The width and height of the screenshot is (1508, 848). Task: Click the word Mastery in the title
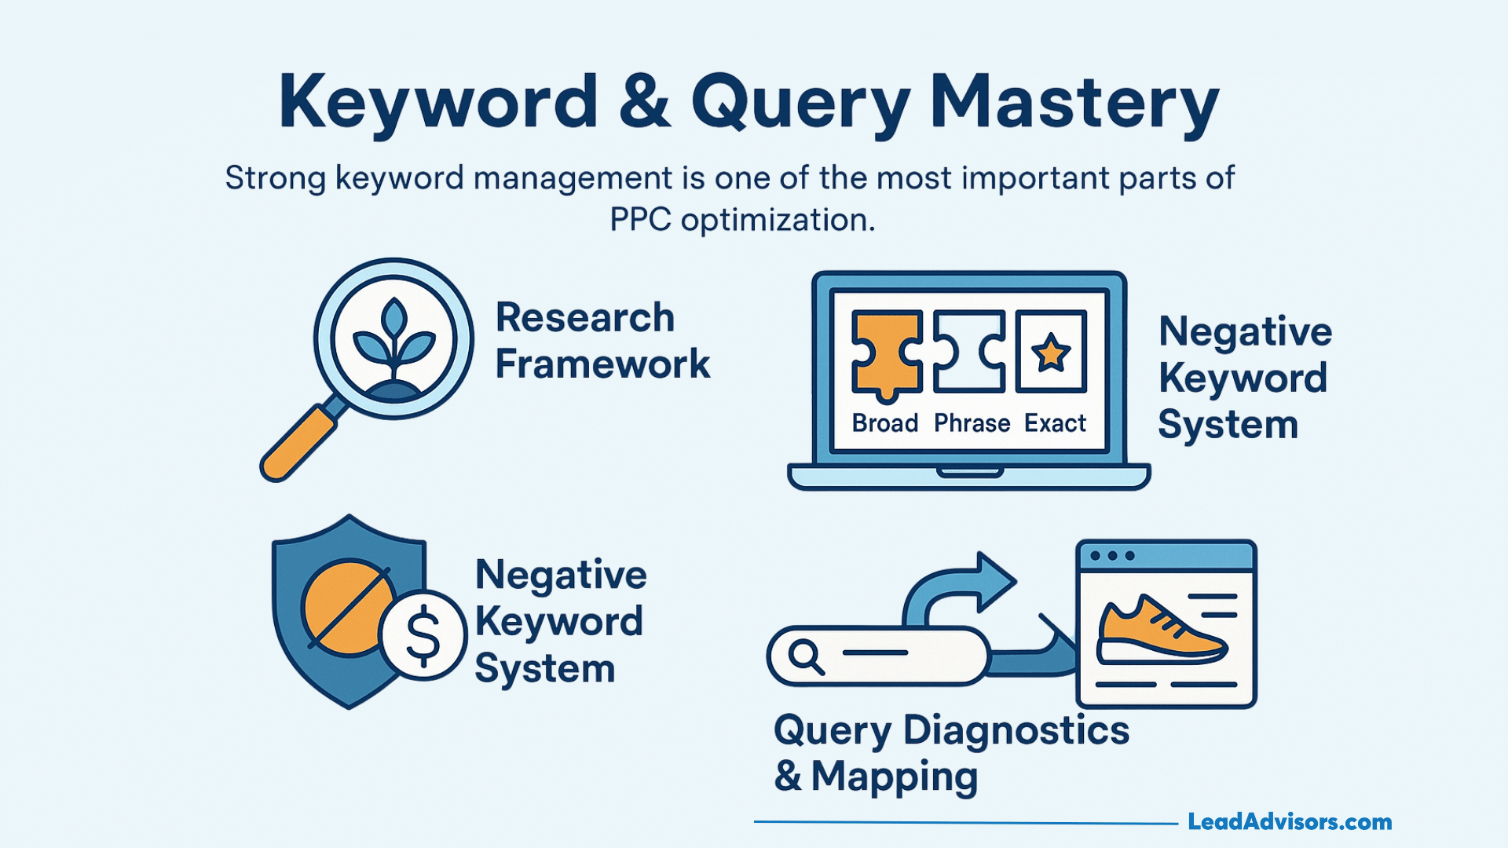tap(1074, 102)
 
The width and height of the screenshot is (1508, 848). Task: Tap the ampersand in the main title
tap(644, 102)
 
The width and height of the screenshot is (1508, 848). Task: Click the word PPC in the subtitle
tap(640, 220)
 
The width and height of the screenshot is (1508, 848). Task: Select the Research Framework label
tap(602, 341)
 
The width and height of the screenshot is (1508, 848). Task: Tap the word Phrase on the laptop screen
tap(972, 424)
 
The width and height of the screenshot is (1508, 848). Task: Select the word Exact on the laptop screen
tap(1055, 424)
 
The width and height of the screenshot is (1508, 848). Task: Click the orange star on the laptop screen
tap(1051, 353)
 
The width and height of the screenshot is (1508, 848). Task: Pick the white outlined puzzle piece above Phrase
tap(969, 352)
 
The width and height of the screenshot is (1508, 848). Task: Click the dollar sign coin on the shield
tap(423, 635)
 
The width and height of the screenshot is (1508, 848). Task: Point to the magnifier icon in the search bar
tap(806, 656)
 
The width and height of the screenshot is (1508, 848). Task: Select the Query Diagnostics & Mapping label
tap(951, 753)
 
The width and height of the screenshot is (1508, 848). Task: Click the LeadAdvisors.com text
tap(1290, 822)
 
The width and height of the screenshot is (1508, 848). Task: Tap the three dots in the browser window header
tap(1112, 556)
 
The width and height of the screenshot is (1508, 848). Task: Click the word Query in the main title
tap(800, 102)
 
